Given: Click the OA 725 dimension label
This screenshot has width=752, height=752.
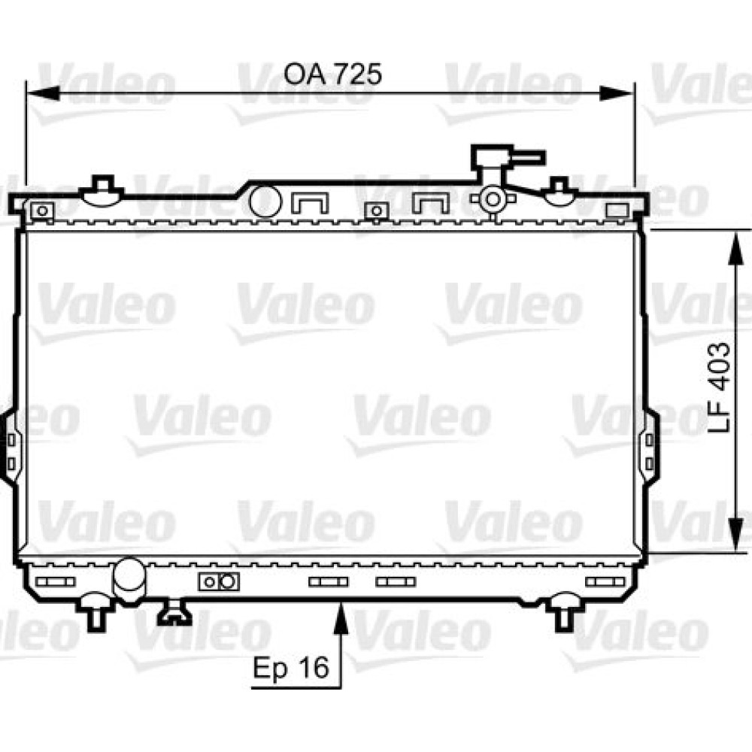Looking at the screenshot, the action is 332,74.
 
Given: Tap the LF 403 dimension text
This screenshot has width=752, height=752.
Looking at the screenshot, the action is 720,387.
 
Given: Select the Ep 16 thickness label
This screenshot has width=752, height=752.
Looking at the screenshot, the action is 291,667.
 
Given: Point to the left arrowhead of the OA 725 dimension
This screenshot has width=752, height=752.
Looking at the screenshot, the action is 43,93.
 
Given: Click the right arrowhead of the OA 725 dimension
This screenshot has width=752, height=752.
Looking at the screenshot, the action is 617,93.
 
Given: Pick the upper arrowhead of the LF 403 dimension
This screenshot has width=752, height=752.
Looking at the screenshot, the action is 735,247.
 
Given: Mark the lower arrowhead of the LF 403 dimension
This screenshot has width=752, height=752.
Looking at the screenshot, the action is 735,535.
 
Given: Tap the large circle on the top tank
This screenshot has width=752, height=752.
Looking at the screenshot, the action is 265,201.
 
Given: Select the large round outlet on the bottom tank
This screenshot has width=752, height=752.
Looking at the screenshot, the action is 129,579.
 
